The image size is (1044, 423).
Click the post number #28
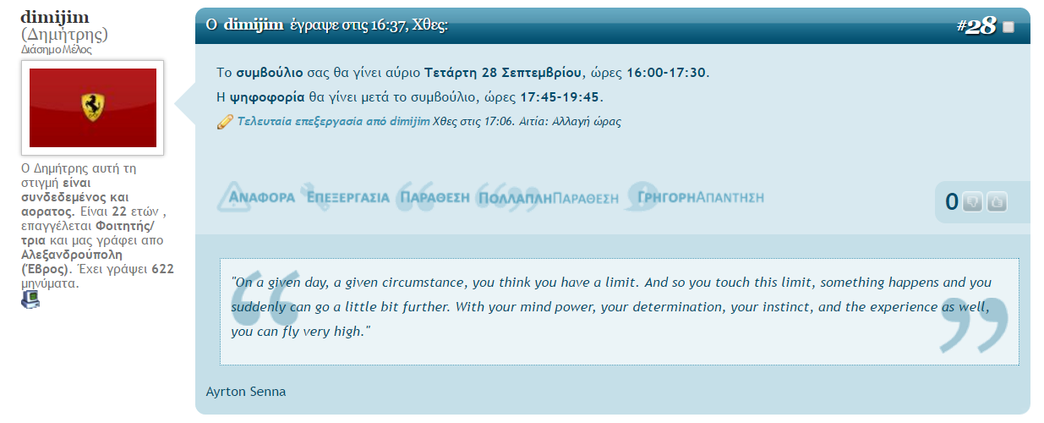click(976, 25)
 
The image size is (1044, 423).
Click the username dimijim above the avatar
click(55, 17)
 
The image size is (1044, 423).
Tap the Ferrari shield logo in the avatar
click(93, 107)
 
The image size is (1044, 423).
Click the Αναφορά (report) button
click(256, 197)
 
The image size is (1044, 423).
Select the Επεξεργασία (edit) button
click(346, 197)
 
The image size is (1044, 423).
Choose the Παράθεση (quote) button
click(434, 197)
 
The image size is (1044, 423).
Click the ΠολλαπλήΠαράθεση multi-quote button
click(548, 198)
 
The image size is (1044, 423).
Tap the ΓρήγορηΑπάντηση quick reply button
click(695, 197)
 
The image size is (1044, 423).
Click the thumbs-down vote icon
click(972, 202)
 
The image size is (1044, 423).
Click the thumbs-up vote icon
click(997, 202)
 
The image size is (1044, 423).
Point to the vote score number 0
click(951, 202)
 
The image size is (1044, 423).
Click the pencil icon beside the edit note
click(225, 122)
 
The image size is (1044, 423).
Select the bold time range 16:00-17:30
click(665, 73)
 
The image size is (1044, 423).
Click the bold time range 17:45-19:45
click(560, 97)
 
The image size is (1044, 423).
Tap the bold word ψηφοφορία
click(266, 97)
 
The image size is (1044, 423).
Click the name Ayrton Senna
click(246, 392)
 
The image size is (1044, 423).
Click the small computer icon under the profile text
click(30, 299)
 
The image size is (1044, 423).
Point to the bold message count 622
click(162, 269)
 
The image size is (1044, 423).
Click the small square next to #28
click(1008, 27)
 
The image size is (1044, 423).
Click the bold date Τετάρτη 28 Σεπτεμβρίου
click(502, 73)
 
